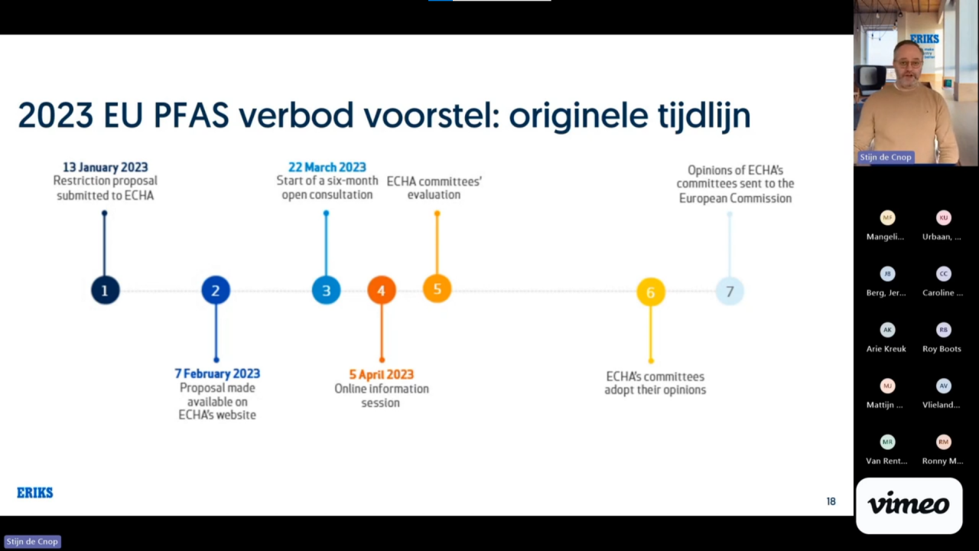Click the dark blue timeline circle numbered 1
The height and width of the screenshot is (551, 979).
tap(105, 290)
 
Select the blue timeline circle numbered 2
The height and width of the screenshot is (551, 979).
tap(216, 290)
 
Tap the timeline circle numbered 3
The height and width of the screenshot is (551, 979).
tap(326, 290)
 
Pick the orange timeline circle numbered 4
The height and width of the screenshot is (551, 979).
tap(381, 290)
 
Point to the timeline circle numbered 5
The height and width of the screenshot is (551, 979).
tap(437, 289)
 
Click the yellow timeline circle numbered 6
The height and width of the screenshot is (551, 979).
tap(650, 292)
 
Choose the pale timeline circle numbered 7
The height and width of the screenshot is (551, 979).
tap(729, 291)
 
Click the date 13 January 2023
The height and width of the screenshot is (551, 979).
tap(106, 167)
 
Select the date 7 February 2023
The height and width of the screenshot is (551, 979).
tap(217, 373)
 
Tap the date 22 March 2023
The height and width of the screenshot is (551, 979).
tap(327, 167)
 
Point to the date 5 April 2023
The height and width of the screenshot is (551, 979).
tap(381, 374)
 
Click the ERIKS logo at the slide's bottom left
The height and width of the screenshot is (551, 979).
tap(35, 493)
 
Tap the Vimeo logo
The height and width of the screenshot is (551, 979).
tap(909, 505)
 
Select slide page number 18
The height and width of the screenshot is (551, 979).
tap(831, 501)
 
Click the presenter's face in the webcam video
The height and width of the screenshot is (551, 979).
tap(907, 64)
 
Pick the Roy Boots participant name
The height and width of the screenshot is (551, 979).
tap(941, 349)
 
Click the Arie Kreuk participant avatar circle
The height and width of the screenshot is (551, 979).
tap(887, 330)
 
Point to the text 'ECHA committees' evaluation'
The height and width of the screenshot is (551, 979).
tap(434, 187)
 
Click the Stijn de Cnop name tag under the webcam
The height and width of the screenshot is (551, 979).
tap(885, 157)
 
